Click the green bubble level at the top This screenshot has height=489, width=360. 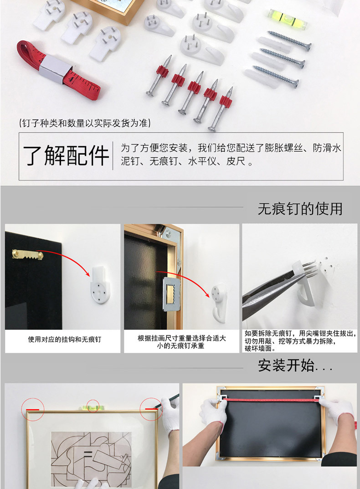(x=288, y=18)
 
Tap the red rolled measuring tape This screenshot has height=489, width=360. (x=58, y=70)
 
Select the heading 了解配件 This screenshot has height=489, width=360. (x=66, y=155)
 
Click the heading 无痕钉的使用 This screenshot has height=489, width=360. (x=300, y=209)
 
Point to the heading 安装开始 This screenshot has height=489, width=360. (x=295, y=365)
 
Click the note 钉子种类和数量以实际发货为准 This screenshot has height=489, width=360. (x=85, y=123)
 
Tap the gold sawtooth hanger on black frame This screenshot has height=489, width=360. (x=28, y=254)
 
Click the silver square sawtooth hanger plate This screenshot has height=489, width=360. (x=171, y=294)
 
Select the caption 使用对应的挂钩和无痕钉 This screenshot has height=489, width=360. (x=65, y=340)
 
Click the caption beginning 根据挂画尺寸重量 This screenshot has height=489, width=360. (x=182, y=342)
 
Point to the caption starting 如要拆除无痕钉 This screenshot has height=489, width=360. (x=300, y=341)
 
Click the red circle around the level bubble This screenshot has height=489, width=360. (x=93, y=406)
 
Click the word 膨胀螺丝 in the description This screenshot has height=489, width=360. (x=283, y=148)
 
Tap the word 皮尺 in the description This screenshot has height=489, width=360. (x=236, y=161)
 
